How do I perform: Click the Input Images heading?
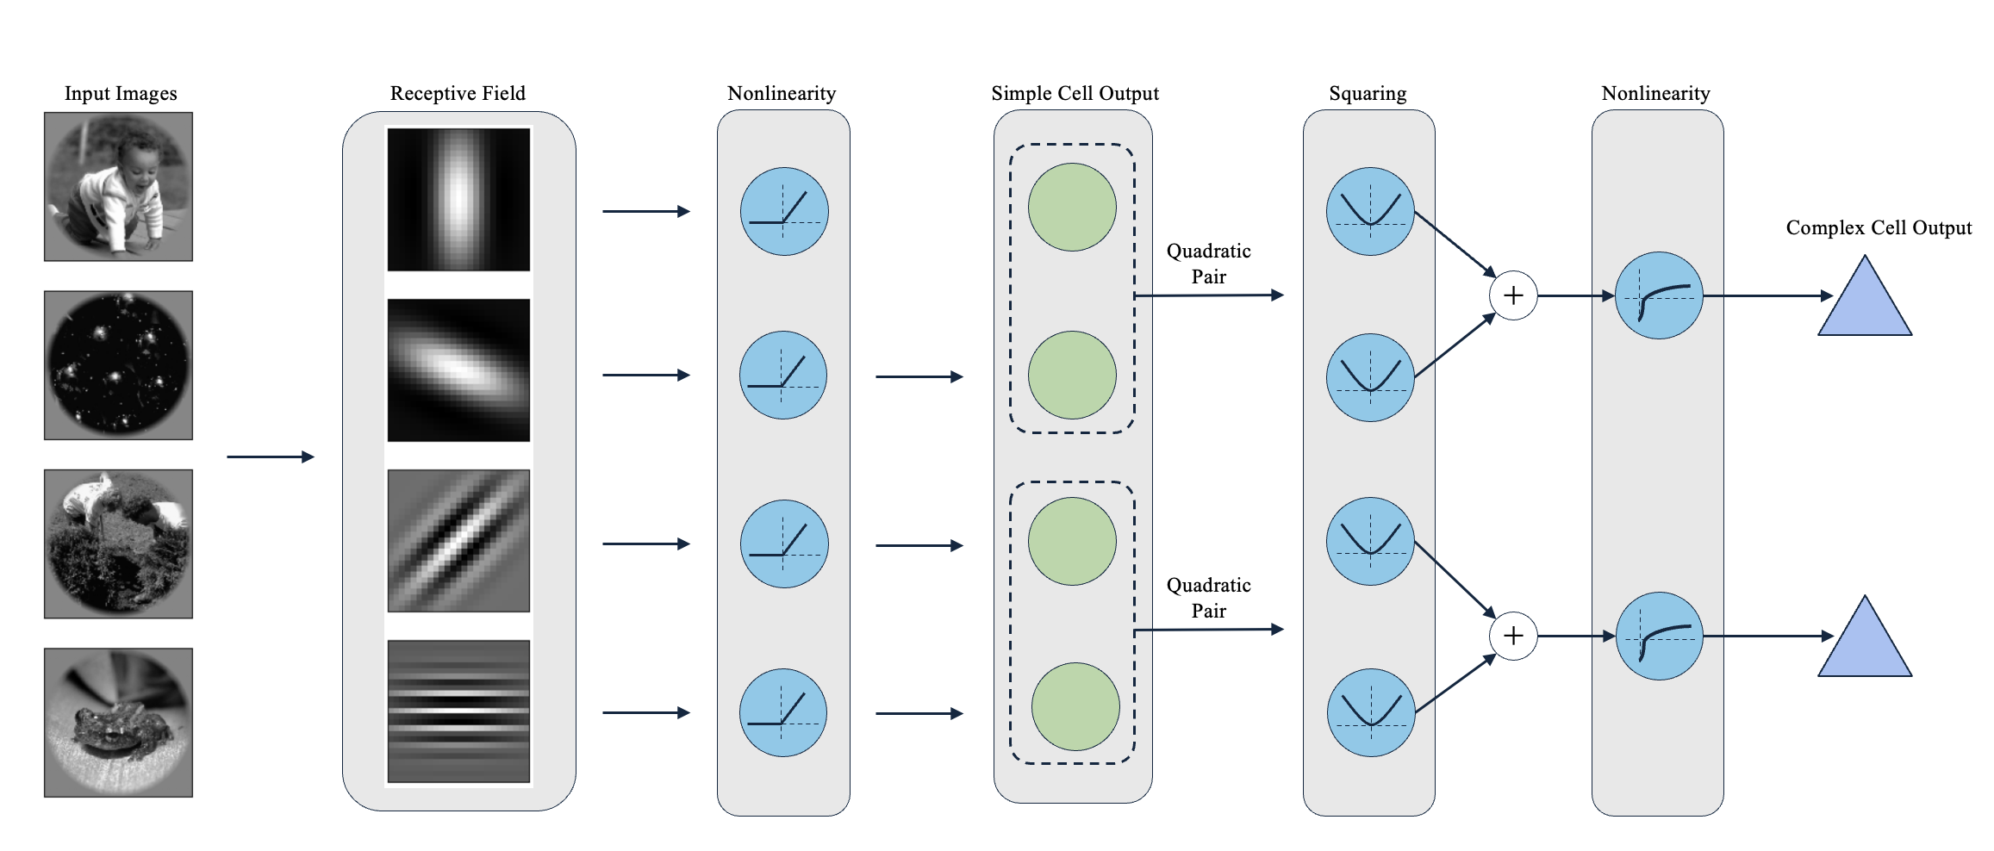tap(121, 93)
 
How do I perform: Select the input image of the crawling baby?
tap(119, 186)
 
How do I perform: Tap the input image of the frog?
tap(119, 723)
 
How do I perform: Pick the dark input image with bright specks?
tap(119, 365)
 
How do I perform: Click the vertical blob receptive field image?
tap(458, 199)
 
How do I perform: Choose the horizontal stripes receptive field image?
tap(458, 711)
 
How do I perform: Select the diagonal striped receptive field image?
tap(458, 541)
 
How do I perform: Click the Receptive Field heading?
tap(458, 93)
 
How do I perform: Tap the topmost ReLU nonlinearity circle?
tap(784, 211)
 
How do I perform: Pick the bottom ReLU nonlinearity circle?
tap(782, 713)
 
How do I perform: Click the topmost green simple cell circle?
tap(1072, 208)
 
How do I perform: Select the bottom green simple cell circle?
tap(1075, 706)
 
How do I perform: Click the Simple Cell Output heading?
tap(1075, 93)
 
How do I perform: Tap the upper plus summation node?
tap(1513, 295)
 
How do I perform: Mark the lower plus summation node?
tap(1513, 636)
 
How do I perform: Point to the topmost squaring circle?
tap(1370, 211)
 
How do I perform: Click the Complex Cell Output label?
tap(1879, 227)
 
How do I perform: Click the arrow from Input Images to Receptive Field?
tap(271, 457)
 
